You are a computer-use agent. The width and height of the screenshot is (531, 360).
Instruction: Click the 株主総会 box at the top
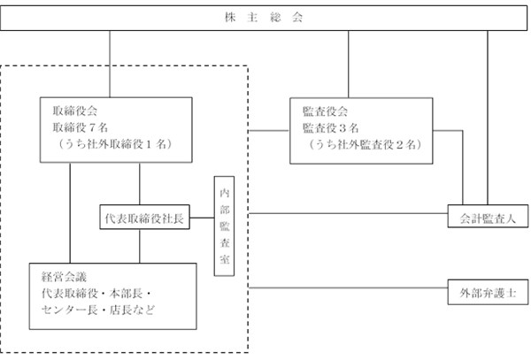click(x=264, y=18)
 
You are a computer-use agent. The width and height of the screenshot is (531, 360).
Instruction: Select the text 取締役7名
click(x=81, y=127)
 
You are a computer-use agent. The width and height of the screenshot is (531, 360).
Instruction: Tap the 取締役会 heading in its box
click(x=75, y=111)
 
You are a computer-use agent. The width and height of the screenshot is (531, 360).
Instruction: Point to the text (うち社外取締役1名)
click(x=114, y=144)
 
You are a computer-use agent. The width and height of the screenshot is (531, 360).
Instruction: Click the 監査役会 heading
click(x=325, y=111)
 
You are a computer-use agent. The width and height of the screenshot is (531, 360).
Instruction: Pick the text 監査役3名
click(x=330, y=128)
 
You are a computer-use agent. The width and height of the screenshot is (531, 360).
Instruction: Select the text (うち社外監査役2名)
click(x=365, y=145)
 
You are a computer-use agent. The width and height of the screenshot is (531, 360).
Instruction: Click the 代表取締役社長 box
click(x=144, y=218)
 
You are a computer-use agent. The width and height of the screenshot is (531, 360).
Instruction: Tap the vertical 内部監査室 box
click(x=224, y=226)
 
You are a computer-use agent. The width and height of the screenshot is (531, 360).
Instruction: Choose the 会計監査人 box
click(x=488, y=216)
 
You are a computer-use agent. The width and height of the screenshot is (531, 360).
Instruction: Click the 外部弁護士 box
click(x=488, y=292)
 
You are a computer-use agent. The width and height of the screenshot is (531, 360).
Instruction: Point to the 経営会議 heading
click(x=64, y=277)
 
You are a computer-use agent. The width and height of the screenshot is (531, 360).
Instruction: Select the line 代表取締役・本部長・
click(x=96, y=294)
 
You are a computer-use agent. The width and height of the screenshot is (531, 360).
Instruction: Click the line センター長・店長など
click(x=98, y=310)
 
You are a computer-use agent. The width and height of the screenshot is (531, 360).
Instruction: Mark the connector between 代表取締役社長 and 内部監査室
click(x=202, y=218)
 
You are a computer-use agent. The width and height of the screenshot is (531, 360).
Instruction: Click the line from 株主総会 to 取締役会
click(x=110, y=65)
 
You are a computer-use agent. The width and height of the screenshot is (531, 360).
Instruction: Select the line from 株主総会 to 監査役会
click(x=349, y=65)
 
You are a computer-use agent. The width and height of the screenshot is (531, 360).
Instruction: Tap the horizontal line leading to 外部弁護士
click(x=348, y=288)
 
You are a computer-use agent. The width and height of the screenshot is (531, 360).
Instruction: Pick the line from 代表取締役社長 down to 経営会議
click(x=140, y=246)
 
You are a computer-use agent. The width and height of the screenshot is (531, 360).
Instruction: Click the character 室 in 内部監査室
click(x=225, y=259)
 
